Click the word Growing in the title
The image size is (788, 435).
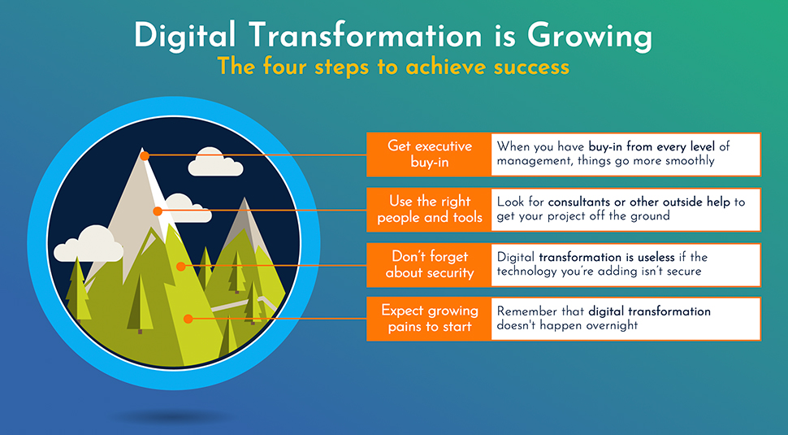click(590, 37)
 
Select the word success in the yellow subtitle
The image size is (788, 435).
click(531, 67)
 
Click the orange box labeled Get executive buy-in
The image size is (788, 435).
click(429, 154)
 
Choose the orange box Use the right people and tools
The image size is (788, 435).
click(429, 210)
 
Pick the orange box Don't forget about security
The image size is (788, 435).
click(429, 265)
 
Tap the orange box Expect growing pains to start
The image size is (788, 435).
click(429, 319)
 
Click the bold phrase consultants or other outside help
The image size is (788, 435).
click(639, 202)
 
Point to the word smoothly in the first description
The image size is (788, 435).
click(690, 162)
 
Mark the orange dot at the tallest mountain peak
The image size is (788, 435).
click(145, 156)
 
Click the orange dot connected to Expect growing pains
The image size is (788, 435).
click(188, 319)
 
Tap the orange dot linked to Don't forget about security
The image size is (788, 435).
click(181, 266)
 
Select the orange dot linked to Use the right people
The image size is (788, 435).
click(158, 211)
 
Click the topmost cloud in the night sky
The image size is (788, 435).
click(215, 162)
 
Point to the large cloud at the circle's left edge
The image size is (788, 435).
click(89, 244)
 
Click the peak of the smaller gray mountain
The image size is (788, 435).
click(245, 198)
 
